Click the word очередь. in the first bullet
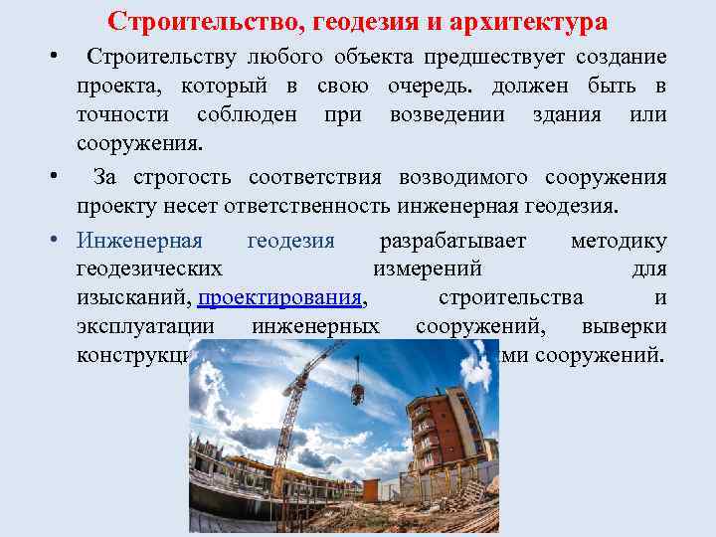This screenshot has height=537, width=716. click(x=480, y=87)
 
